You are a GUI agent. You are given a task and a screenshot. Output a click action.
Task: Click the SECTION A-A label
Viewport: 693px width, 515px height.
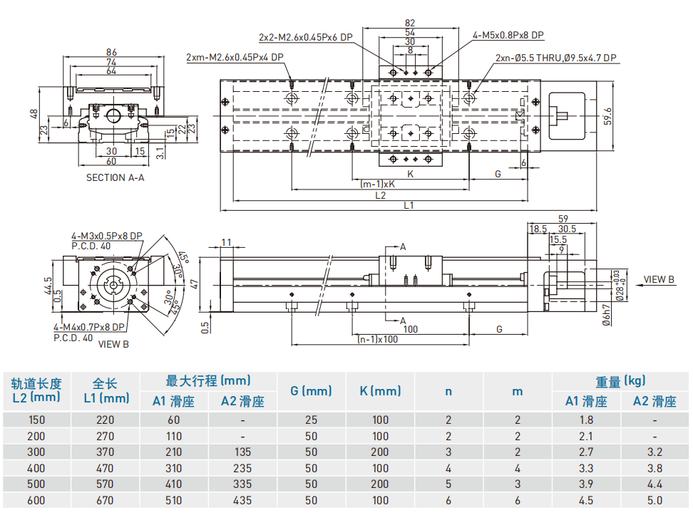coord(115,177)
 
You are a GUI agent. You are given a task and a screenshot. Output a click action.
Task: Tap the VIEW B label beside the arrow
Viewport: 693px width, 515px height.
coord(659,279)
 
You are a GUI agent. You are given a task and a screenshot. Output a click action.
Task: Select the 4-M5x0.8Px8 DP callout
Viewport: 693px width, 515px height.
coord(508,35)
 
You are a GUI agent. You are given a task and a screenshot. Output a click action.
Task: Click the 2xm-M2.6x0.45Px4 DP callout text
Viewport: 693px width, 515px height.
coord(234,57)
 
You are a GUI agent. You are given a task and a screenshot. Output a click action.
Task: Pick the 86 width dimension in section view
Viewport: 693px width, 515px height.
coord(111,52)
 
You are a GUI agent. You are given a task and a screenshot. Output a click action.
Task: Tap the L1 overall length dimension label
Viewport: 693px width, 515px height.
coord(409,205)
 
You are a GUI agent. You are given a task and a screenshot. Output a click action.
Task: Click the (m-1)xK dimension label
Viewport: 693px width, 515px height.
coord(377,184)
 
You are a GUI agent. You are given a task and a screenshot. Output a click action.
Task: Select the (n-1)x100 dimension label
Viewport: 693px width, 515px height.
coord(377,338)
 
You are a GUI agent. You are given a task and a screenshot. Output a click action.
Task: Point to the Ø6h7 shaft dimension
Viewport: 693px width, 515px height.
coord(606,314)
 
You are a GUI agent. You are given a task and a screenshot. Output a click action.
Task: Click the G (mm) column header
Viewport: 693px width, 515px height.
coord(311,390)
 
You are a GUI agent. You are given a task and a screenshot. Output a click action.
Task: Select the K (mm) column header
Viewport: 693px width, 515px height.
coord(380,390)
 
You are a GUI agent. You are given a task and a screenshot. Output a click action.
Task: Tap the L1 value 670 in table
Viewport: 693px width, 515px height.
coord(105,501)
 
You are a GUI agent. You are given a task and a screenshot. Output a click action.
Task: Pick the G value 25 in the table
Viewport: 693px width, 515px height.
coord(311,420)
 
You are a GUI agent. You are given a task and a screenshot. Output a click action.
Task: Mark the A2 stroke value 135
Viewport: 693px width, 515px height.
coord(242,452)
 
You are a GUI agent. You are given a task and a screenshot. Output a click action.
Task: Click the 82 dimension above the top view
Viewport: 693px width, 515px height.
coord(409,23)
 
